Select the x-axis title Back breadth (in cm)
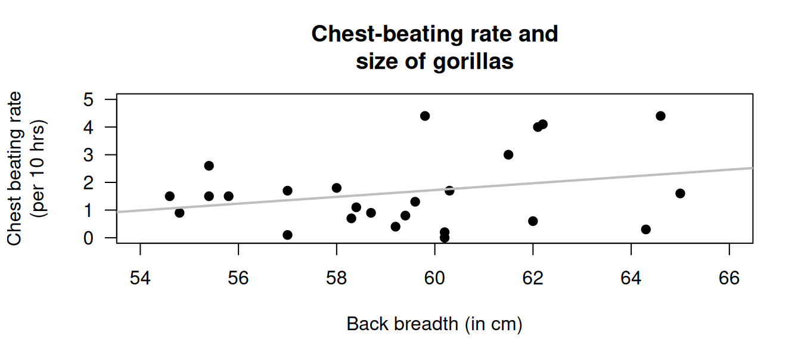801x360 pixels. [x=434, y=324]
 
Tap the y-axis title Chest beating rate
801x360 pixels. [x=14, y=168]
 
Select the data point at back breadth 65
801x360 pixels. [x=680, y=193]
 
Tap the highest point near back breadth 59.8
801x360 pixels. [x=425, y=116]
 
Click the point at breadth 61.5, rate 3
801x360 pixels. [x=508, y=154]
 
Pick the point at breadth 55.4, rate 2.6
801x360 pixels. [x=209, y=166]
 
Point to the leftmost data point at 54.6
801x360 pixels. [x=170, y=196]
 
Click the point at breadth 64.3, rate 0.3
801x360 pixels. [x=645, y=229]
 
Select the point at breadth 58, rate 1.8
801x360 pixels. [x=337, y=188]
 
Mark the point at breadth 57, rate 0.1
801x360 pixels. [x=287, y=235]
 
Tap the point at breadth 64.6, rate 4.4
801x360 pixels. [x=660, y=116]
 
